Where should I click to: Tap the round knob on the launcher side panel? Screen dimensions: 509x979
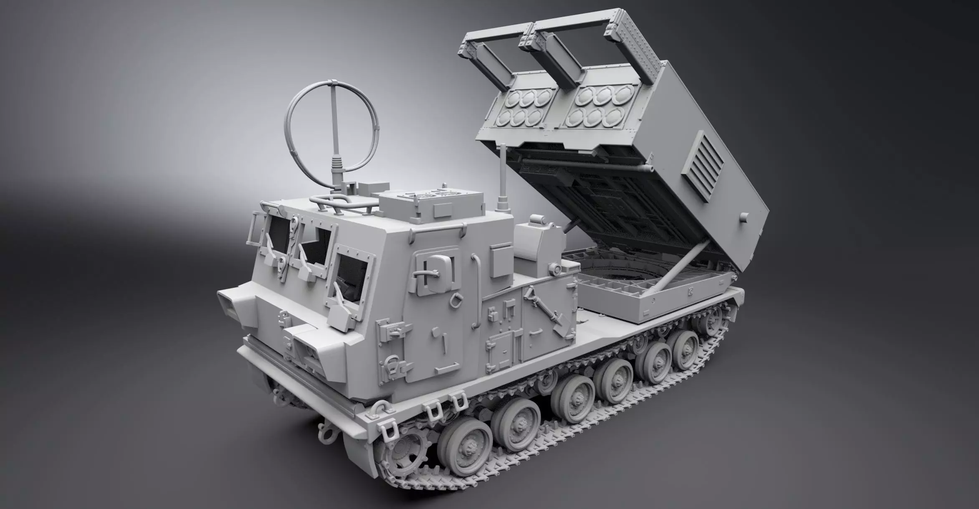744,216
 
